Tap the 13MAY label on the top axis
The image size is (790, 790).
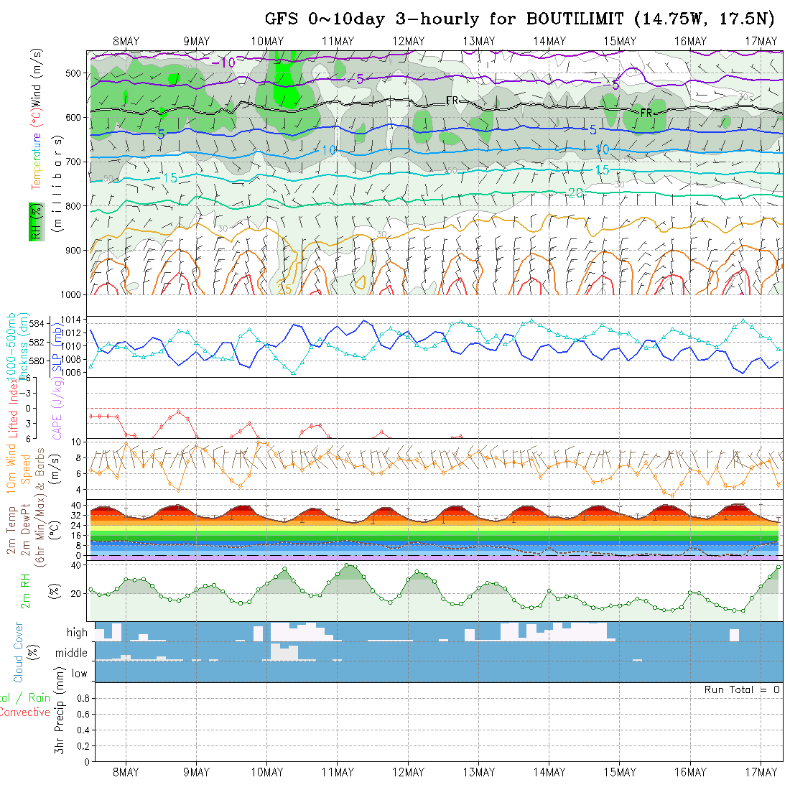pyautogui.click(x=479, y=41)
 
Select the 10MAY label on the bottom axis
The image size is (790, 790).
pyautogui.click(x=267, y=772)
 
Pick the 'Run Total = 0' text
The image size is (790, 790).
pyautogui.click(x=742, y=689)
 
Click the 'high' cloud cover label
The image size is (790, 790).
pyautogui.click(x=77, y=633)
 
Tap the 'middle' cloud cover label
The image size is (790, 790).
pyautogui.click(x=72, y=654)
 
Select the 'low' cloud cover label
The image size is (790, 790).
pyautogui.click(x=79, y=674)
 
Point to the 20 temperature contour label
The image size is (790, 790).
pyautogui.click(x=575, y=192)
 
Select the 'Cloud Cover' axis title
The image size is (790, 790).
pyautogui.click(x=19, y=652)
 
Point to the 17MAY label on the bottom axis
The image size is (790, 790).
pyautogui.click(x=761, y=772)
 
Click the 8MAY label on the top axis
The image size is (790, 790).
pyautogui.click(x=126, y=41)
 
